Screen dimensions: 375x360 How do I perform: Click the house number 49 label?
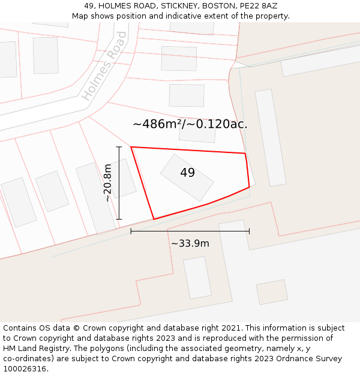[187, 173]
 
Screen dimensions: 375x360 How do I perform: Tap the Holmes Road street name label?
[104, 66]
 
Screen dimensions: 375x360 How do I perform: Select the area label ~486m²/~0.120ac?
[190, 125]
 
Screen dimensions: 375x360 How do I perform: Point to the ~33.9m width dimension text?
[190, 244]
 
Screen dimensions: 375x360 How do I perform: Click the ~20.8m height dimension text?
[108, 183]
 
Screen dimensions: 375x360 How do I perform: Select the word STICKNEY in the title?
[178, 5]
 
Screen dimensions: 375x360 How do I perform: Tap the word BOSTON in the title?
[218, 5]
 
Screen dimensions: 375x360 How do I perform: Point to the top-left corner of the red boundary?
[131, 147]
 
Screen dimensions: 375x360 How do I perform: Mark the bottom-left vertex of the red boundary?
[154, 219]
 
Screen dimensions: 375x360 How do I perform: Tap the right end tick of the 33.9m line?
[249, 231]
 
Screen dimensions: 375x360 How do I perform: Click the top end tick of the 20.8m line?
[119, 147]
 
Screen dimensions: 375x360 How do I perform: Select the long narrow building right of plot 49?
[270, 137]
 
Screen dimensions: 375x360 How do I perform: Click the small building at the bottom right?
[272, 292]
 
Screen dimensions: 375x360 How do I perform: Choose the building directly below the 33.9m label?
[197, 278]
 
